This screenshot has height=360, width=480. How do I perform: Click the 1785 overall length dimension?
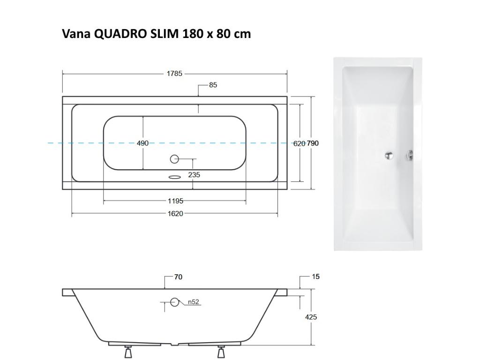pyautogui.click(x=174, y=74)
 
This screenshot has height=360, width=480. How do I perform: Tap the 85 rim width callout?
pyautogui.click(x=213, y=85)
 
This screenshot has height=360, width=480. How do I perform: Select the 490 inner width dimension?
pyautogui.click(x=142, y=143)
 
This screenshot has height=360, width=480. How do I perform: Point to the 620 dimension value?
pyautogui.click(x=299, y=143)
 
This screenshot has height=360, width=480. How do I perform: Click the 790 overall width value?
pyautogui.click(x=313, y=143)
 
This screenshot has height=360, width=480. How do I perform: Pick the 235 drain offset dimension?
pyautogui.click(x=194, y=175)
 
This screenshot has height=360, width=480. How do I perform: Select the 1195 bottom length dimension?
pyautogui.click(x=175, y=201)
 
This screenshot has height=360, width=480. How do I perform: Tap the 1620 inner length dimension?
pyautogui.click(x=175, y=214)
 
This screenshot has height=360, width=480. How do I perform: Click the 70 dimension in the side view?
pyautogui.click(x=178, y=277)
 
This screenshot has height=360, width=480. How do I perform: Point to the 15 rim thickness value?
pyautogui.click(x=315, y=277)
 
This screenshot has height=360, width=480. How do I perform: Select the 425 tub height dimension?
pyautogui.click(x=311, y=317)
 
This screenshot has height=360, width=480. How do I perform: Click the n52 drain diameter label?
pyautogui.click(x=194, y=302)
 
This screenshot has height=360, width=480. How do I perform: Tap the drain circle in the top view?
pyautogui.click(x=174, y=159)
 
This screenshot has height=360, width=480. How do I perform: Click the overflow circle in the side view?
pyautogui.click(x=174, y=302)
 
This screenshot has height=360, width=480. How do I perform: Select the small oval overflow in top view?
pyautogui.click(x=174, y=177)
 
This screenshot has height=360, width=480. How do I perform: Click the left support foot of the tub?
pyautogui.click(x=128, y=351)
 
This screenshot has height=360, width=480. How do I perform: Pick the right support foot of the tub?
pyautogui.click(x=221, y=351)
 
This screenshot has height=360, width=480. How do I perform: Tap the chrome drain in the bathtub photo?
pyautogui.click(x=389, y=155)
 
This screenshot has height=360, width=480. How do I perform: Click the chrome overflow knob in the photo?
pyautogui.click(x=410, y=155)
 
